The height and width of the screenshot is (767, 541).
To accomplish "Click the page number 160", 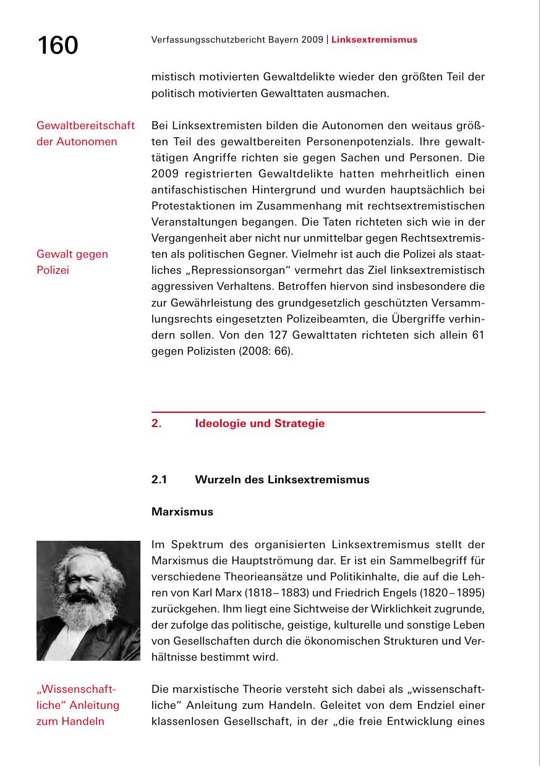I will click(x=58, y=46).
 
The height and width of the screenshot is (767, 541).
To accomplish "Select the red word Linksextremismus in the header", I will click(x=374, y=40).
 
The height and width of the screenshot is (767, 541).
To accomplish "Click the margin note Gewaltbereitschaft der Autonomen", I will click(x=85, y=133).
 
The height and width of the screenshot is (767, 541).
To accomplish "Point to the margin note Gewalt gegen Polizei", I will click(x=72, y=262).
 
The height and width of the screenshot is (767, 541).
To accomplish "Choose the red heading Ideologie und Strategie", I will click(x=259, y=423).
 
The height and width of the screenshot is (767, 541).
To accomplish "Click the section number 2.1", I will click(x=159, y=480).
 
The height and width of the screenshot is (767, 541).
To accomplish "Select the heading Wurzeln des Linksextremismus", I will click(x=282, y=480).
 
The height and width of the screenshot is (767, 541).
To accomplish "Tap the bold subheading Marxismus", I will click(x=182, y=512).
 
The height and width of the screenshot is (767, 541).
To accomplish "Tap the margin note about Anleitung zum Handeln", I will click(x=77, y=705).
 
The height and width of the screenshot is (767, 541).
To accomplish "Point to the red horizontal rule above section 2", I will click(x=318, y=412).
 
